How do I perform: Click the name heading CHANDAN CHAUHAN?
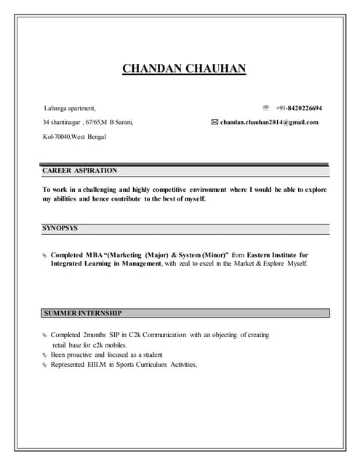[184, 69]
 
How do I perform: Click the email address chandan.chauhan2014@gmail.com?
[269, 122]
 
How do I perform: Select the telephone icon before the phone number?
[265, 108]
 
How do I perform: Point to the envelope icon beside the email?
[215, 122]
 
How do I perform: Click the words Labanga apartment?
[69, 108]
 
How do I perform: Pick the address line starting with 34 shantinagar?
[88, 122]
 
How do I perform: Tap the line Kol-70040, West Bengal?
[75, 136]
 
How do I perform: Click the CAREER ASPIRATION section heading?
[80, 170]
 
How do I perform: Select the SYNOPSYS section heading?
[60, 228]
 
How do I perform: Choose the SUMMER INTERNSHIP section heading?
[83, 313]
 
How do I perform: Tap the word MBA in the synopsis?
[94, 255]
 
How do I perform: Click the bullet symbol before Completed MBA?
[44, 256]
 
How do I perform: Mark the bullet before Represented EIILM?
[44, 365]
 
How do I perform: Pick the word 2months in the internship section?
[95, 335]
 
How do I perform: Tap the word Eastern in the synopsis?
[267, 255]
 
